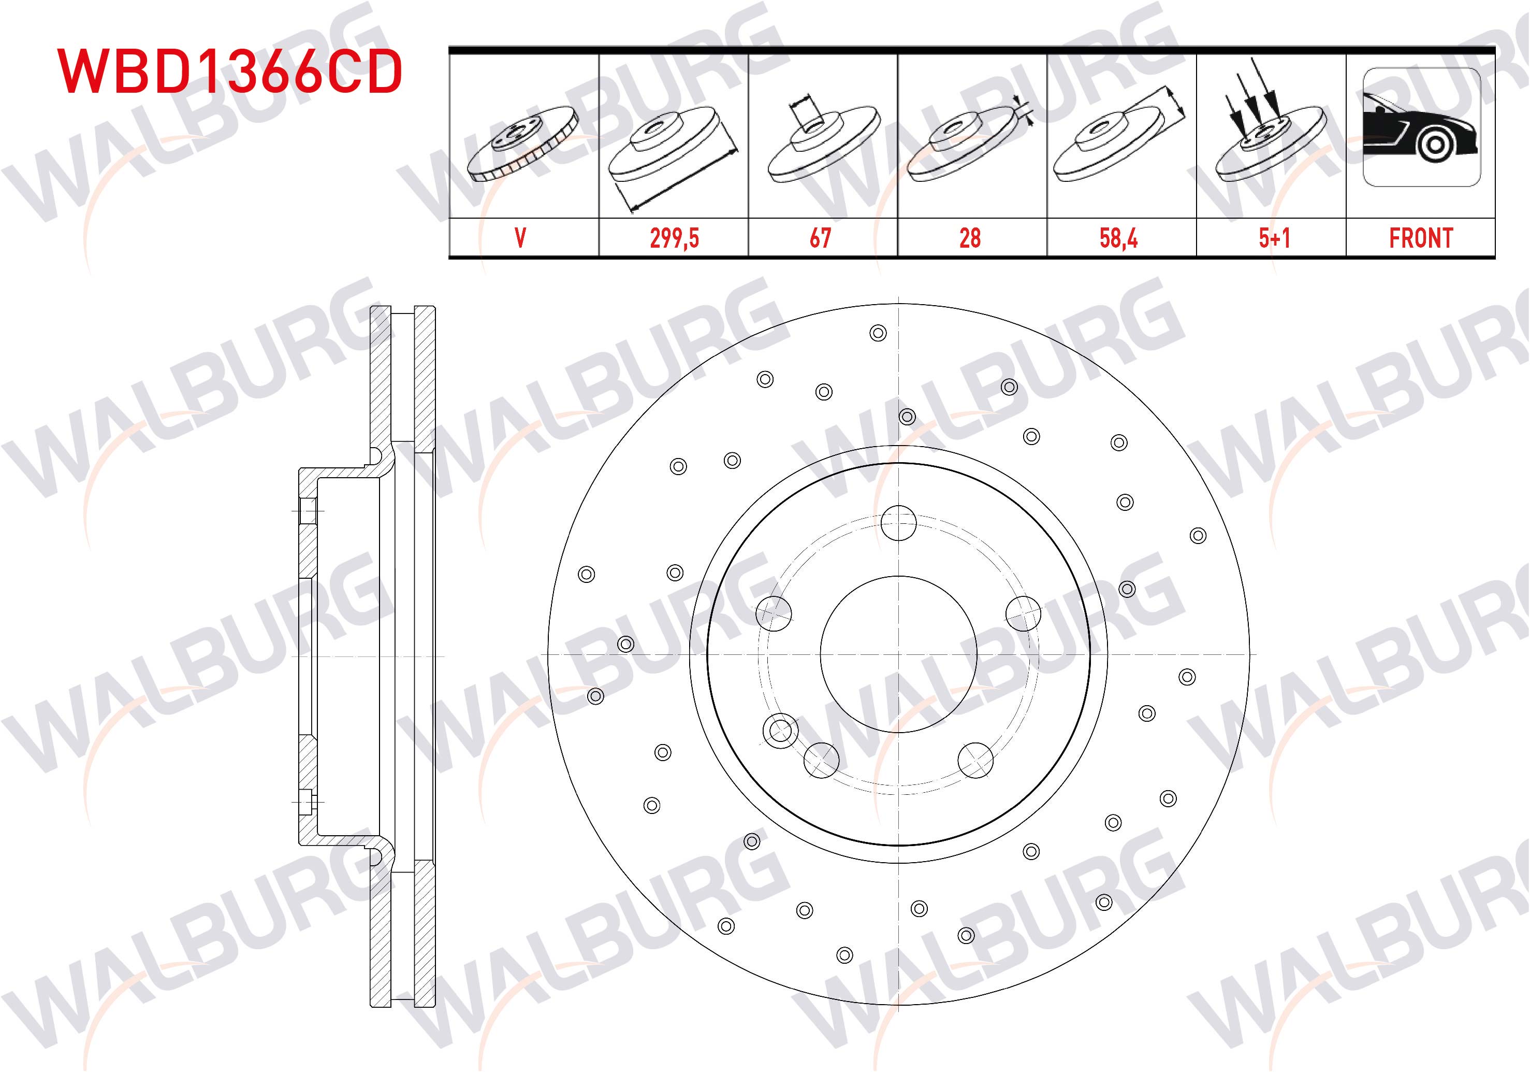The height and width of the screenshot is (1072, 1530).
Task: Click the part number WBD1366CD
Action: (x=230, y=70)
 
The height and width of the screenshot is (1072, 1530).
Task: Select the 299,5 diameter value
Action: (x=674, y=238)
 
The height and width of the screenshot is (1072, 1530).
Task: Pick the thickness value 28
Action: (x=970, y=238)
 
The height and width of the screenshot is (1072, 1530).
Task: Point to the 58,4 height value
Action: (x=1119, y=238)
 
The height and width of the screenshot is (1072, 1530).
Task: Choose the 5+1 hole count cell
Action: (x=1274, y=238)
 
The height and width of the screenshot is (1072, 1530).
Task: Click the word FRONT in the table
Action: (x=1421, y=238)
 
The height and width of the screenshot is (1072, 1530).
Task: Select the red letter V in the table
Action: (x=520, y=238)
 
